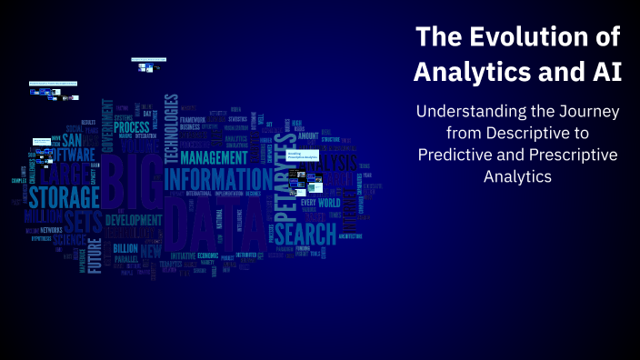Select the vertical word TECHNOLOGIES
169,127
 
